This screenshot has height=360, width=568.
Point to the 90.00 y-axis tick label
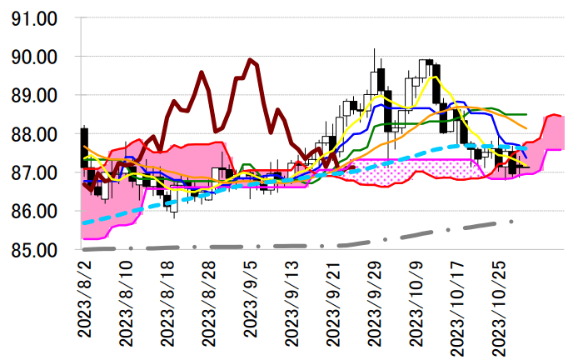click(x=34, y=57)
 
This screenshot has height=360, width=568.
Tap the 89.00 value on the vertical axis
click(x=34, y=96)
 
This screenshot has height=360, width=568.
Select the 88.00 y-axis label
click(x=34, y=134)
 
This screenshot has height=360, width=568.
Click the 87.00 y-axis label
click(x=34, y=173)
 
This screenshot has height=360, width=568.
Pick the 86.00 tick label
click(x=34, y=212)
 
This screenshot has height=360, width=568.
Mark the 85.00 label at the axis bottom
click(x=34, y=250)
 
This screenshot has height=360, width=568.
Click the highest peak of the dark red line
click(x=250, y=59)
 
